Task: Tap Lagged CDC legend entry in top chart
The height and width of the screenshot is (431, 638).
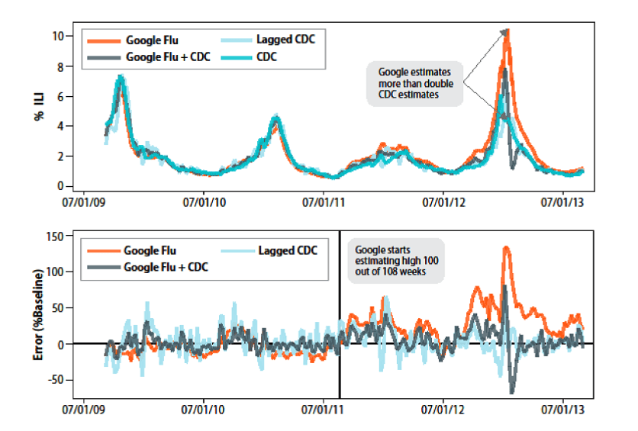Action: (286, 40)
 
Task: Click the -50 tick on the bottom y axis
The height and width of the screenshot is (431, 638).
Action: (57, 379)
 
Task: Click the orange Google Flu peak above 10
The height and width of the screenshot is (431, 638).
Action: (507, 31)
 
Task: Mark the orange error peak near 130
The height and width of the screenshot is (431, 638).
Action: (507, 248)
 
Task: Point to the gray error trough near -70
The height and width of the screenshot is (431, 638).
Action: (511, 392)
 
